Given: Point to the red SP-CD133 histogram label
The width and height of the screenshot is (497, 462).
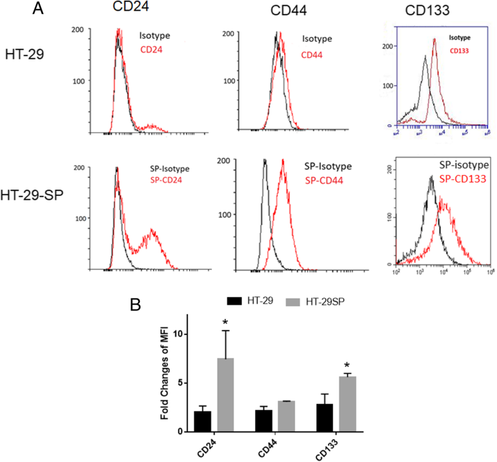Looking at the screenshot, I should point(460,179).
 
